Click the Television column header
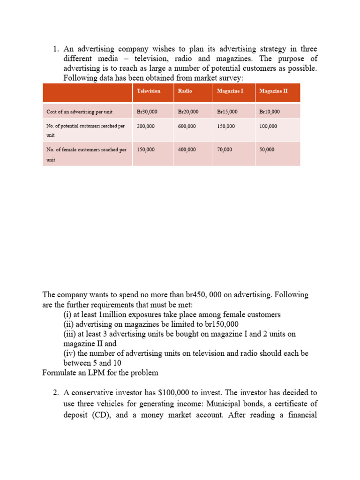tap(149, 91)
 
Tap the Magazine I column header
tap(230, 91)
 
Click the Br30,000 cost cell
tap(147, 112)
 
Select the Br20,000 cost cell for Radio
tap(188, 112)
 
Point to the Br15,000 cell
tap(227, 112)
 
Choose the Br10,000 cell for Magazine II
tap(270, 112)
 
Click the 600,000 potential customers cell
tap(187, 126)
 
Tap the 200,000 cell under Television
tap(146, 126)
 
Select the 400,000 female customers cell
tap(187, 150)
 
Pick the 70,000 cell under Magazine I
tap(225, 150)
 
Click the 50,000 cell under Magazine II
tap(267, 150)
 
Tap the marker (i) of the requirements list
tap(68, 314)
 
